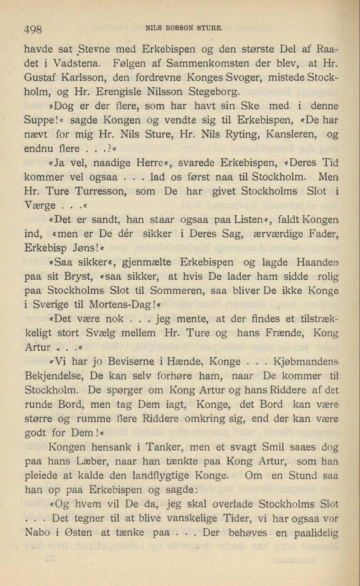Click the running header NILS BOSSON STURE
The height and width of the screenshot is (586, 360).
184,27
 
